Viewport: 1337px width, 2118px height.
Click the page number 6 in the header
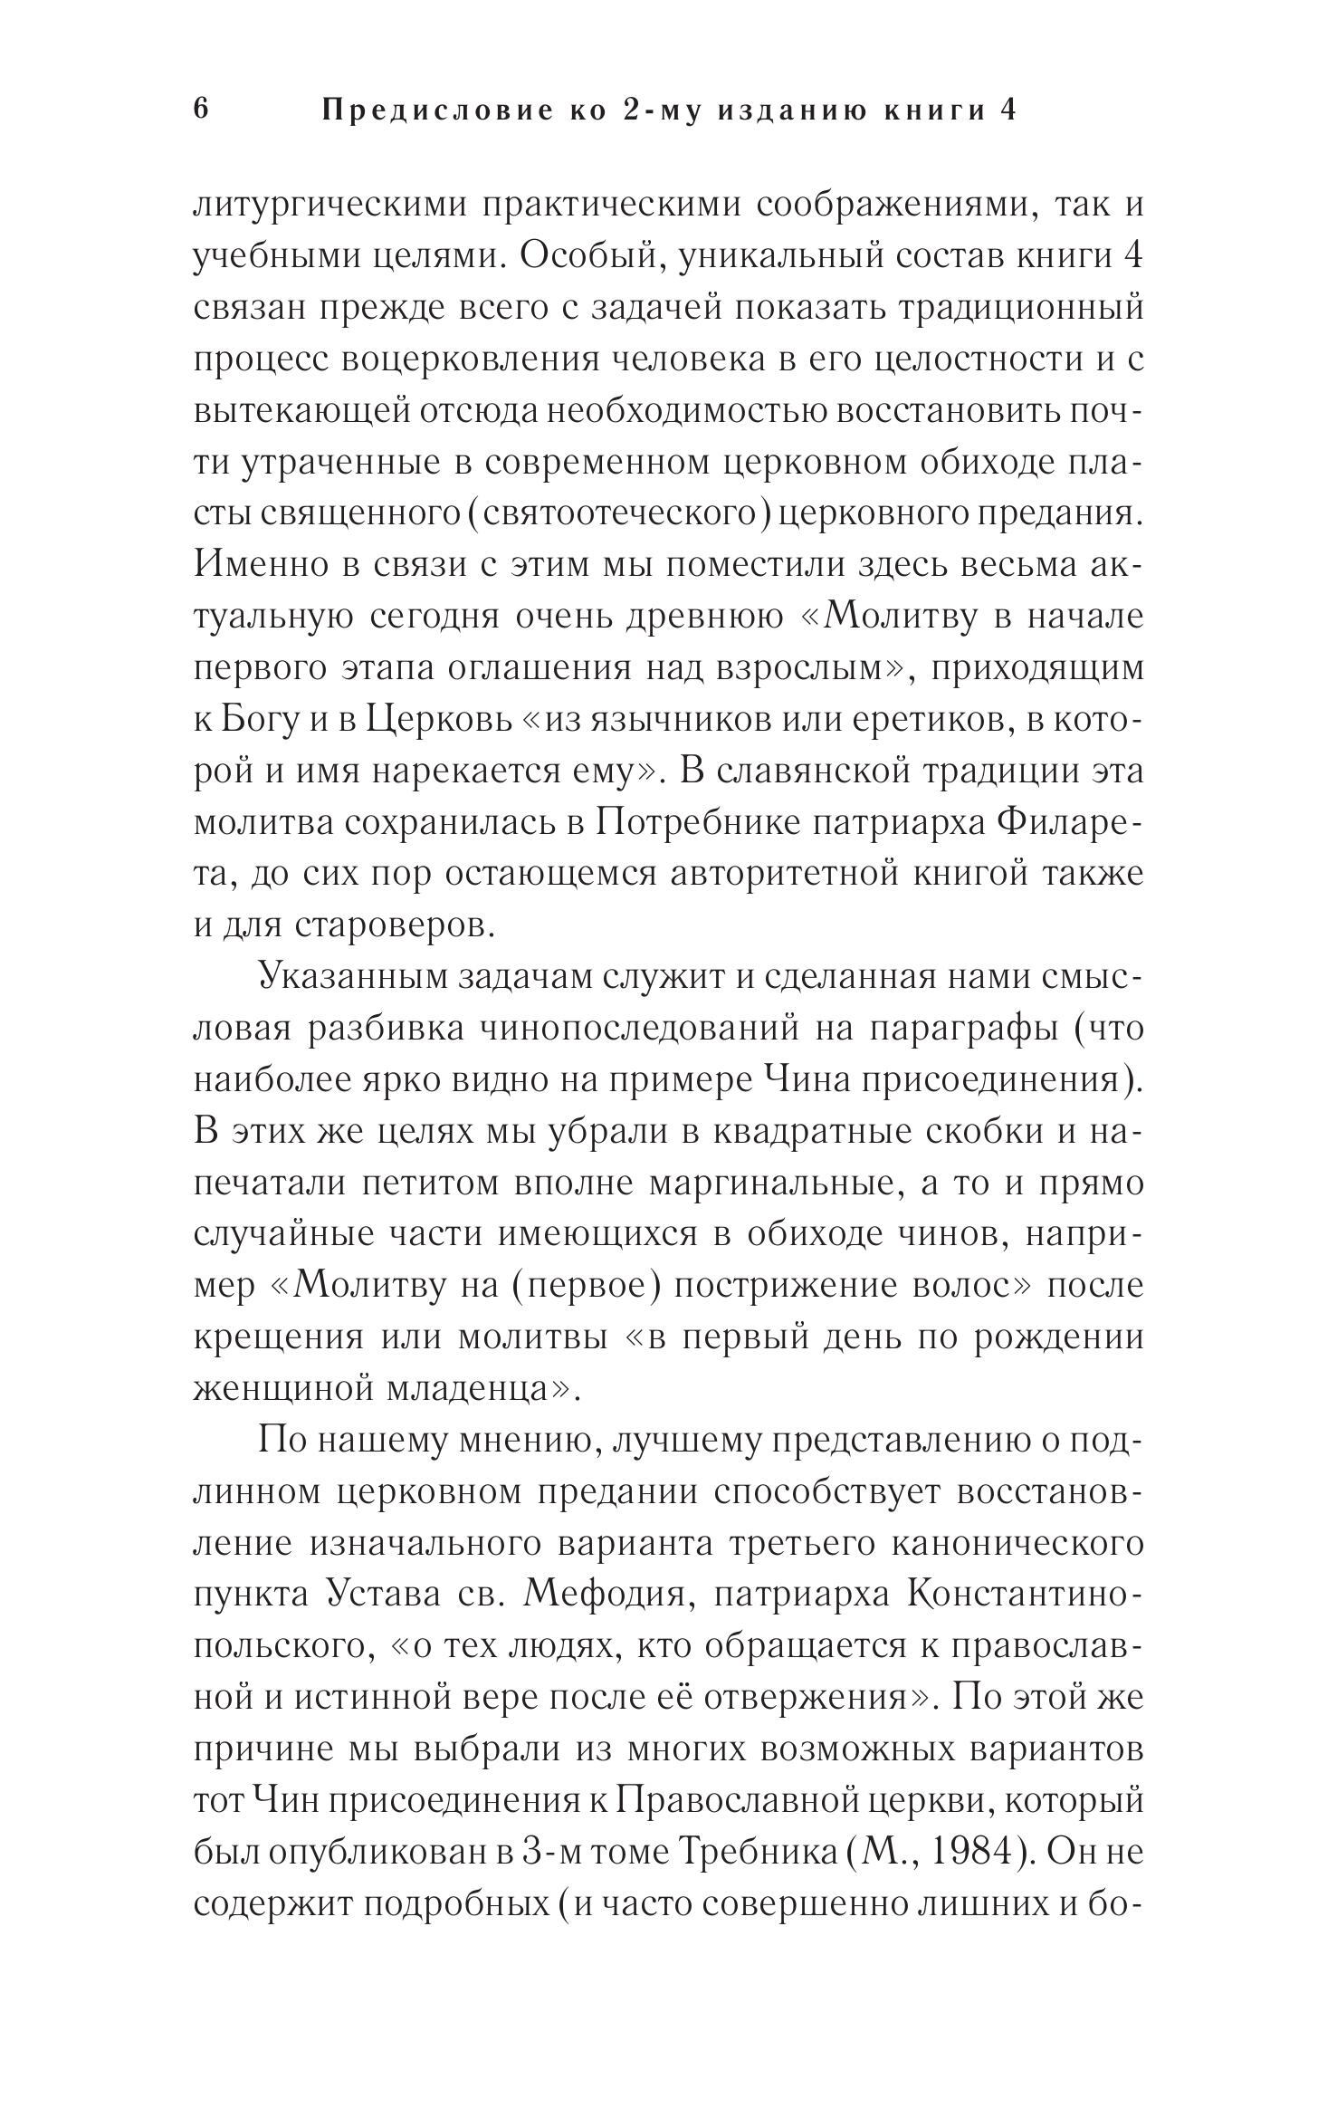(201, 110)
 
